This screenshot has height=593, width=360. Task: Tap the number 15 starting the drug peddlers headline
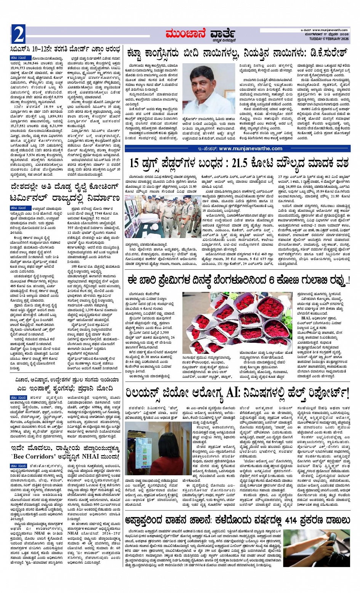[135, 164]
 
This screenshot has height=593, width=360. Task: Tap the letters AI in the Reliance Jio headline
[231, 392]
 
